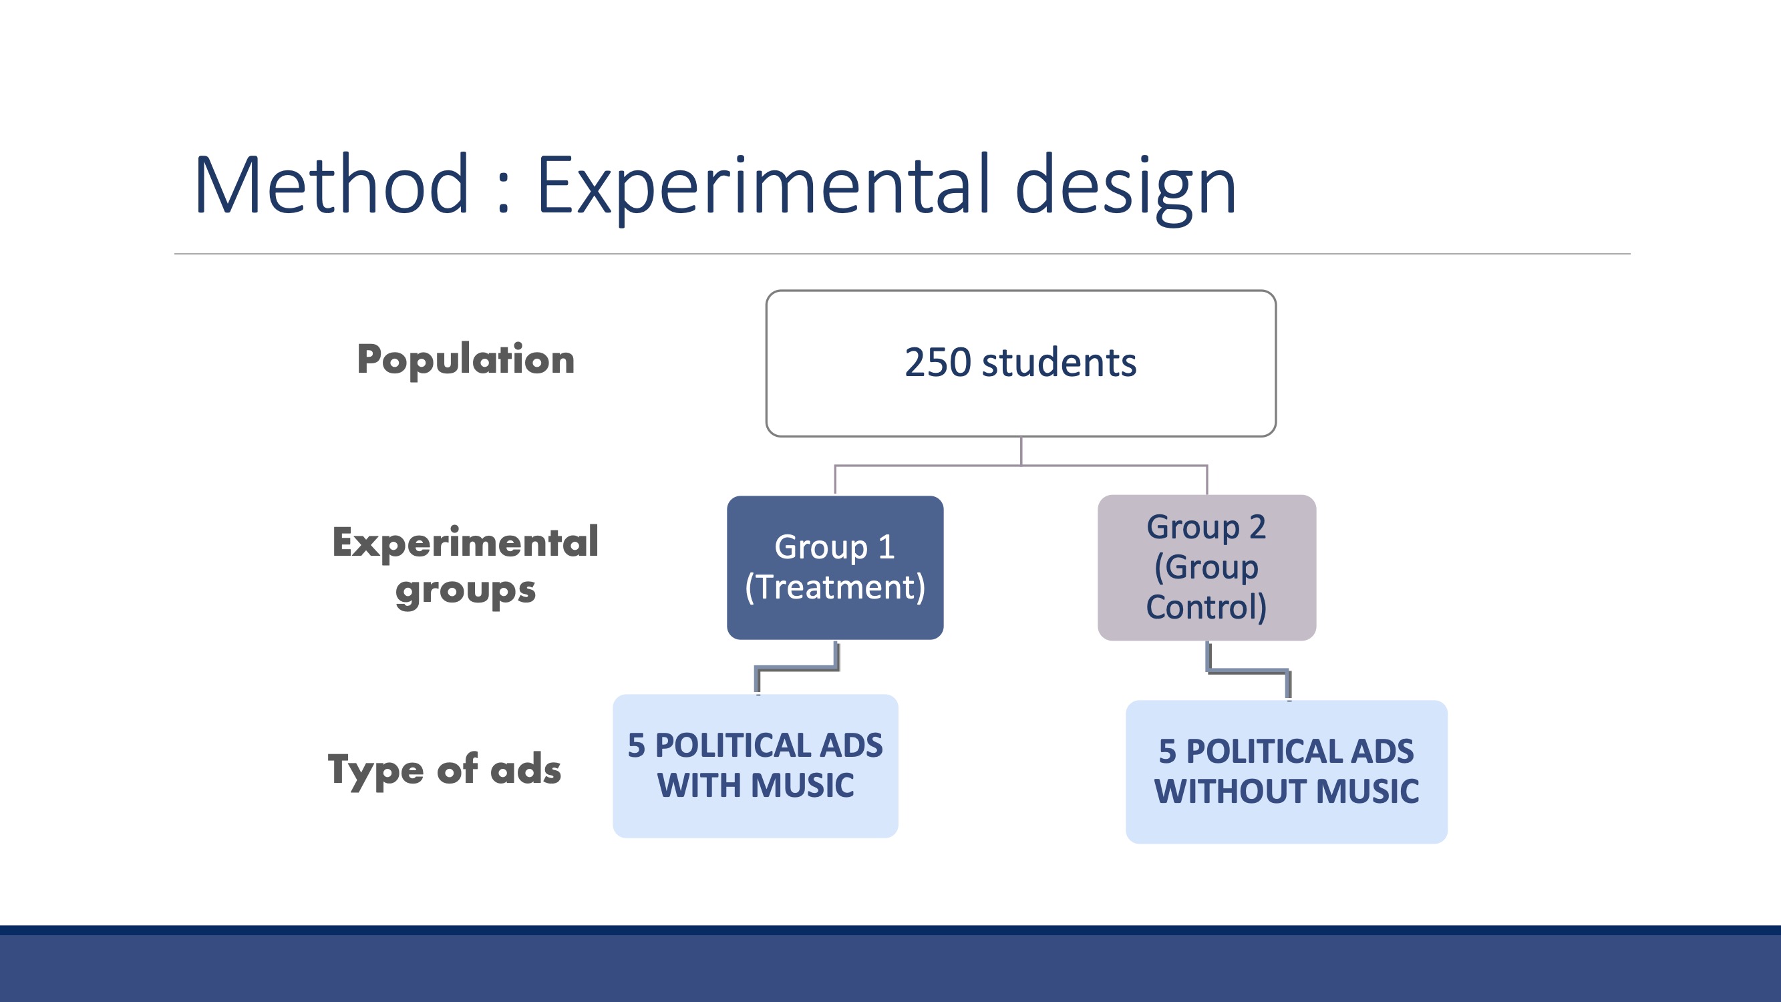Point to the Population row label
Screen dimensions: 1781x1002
coord(466,359)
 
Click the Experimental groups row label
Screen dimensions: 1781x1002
coord(466,566)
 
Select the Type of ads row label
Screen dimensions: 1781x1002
coord(444,769)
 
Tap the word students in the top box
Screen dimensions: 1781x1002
coord(1058,362)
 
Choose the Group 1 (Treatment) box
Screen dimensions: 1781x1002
coord(835,567)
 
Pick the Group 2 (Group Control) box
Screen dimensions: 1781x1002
coord(1206,567)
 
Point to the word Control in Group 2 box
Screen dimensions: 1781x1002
coord(1202,607)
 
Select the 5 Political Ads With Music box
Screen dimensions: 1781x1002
coord(755,766)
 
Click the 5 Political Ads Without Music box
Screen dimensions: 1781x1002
coord(1286,772)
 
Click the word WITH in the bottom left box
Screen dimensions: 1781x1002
coord(699,786)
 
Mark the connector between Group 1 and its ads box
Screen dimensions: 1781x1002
coord(797,668)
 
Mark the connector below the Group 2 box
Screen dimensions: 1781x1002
coord(1248,670)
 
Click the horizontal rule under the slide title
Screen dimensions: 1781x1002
coord(903,254)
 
